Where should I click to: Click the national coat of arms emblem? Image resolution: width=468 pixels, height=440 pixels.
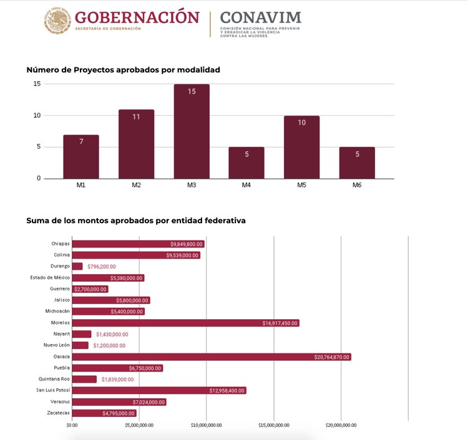[57, 21]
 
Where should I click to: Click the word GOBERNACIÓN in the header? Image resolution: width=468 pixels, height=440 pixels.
[137, 17]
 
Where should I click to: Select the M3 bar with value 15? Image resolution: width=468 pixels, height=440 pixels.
[192, 132]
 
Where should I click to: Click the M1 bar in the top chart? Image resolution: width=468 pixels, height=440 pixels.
[81, 156]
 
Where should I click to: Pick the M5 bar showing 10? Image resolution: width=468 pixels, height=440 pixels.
[301, 147]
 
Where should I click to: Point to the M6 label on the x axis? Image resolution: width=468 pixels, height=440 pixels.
[357, 185]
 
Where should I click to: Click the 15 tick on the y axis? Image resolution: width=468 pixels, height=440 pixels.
[37, 84]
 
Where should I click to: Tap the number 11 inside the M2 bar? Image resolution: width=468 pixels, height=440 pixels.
[136, 117]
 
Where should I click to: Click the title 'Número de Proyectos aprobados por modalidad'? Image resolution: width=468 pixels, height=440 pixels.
[123, 70]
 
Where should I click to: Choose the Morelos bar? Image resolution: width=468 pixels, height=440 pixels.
[185, 323]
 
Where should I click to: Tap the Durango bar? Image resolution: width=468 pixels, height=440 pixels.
[77, 266]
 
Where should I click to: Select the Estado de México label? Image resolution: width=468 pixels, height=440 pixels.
[50, 277]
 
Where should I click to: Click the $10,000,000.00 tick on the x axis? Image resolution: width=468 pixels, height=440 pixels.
[206, 425]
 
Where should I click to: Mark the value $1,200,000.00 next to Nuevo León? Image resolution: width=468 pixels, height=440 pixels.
[109, 345]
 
